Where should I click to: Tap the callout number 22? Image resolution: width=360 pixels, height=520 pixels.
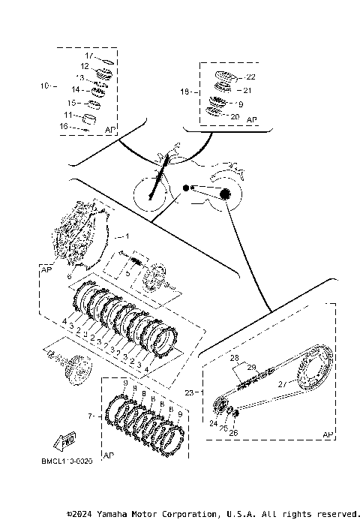point(250,77)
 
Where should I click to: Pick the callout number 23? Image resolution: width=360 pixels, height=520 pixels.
point(189,392)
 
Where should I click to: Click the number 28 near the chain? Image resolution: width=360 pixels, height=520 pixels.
point(233,358)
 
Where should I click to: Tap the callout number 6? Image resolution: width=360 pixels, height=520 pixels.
point(70,277)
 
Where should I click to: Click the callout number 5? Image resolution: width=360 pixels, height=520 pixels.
point(127,274)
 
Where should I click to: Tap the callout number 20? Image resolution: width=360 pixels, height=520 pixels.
point(235,116)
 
